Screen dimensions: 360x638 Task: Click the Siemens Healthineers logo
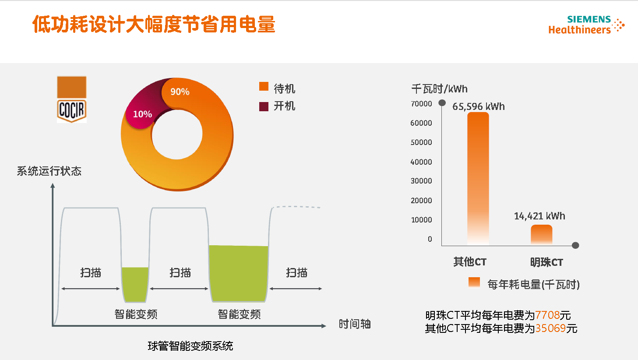[586, 25]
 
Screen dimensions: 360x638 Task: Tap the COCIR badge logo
[72, 99]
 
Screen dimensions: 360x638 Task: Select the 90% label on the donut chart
[180, 92]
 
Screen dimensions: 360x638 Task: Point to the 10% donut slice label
[142, 114]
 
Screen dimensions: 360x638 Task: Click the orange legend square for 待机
[264, 86]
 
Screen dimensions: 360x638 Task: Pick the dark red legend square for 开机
[264, 106]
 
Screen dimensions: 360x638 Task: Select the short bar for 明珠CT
[541, 235]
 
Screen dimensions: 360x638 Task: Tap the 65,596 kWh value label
[478, 106]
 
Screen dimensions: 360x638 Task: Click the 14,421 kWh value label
[539, 216]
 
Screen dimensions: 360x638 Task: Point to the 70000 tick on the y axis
[421, 104]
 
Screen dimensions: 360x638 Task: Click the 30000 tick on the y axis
[421, 181]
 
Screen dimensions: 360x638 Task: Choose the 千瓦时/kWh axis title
[439, 89]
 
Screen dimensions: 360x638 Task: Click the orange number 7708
[547, 315]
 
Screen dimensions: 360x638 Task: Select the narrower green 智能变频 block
[135, 284]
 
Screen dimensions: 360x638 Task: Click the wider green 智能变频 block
[239, 273]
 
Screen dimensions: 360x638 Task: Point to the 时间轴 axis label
[355, 324]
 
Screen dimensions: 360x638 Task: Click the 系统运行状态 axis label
[49, 171]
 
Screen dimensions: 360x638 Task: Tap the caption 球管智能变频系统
[190, 346]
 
